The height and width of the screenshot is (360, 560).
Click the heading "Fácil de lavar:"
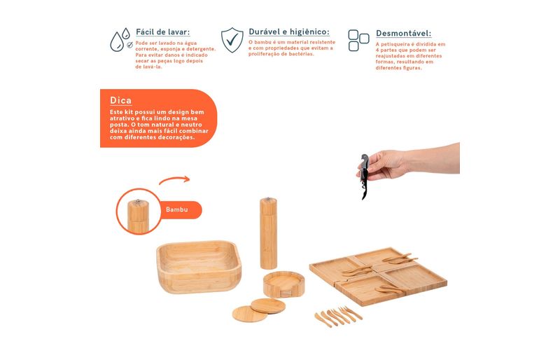pos(163,32)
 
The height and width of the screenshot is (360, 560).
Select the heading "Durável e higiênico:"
pos(289,32)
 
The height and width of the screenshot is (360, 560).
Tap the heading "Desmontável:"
pos(404,33)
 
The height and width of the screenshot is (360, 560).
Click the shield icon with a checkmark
pos(232,40)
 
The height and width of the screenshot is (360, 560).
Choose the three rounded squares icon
pos(358,41)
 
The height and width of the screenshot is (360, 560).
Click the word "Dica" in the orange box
pos(120,100)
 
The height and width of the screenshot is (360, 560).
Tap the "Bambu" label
pos(177,209)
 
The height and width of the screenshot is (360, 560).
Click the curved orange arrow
pos(174,179)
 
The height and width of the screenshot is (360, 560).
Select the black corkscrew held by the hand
pos(363,176)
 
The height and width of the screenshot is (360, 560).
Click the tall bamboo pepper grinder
pos(269,233)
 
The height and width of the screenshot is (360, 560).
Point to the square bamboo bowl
pos(199,267)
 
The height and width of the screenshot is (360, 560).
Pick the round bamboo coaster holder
pos(284,284)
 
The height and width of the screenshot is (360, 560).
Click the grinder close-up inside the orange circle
pos(138,216)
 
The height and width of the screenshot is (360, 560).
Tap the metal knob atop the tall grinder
pos(269,198)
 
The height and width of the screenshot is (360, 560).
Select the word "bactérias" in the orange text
pos(302,54)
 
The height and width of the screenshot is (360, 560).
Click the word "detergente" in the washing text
pos(202,49)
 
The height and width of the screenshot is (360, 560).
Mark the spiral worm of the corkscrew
pos(363,190)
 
